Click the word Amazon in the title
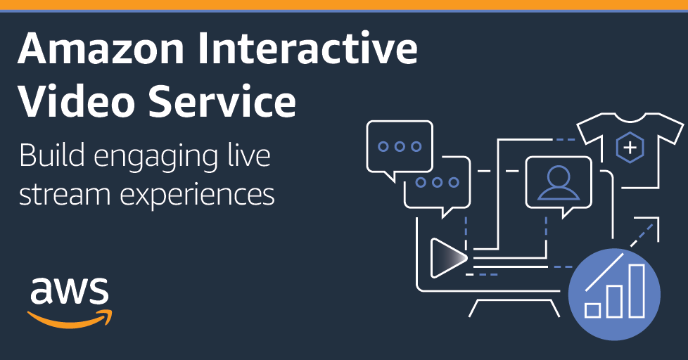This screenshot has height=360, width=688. [x=101, y=49]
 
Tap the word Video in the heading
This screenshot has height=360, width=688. [x=75, y=101]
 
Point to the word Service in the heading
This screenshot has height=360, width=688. [x=222, y=101]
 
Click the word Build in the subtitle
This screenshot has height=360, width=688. [x=52, y=155]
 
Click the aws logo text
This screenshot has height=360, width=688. [x=70, y=290]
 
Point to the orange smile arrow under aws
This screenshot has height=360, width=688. [x=70, y=319]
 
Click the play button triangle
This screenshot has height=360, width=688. [x=448, y=258]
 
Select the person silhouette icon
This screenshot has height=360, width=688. [x=559, y=183]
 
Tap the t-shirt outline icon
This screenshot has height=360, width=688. [x=629, y=150]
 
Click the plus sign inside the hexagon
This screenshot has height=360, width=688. [x=630, y=148]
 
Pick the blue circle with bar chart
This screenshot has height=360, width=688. [x=614, y=294]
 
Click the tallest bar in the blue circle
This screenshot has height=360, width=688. [x=637, y=290]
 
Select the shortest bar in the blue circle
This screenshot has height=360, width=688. [x=593, y=310]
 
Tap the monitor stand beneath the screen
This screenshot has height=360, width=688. [x=514, y=308]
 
